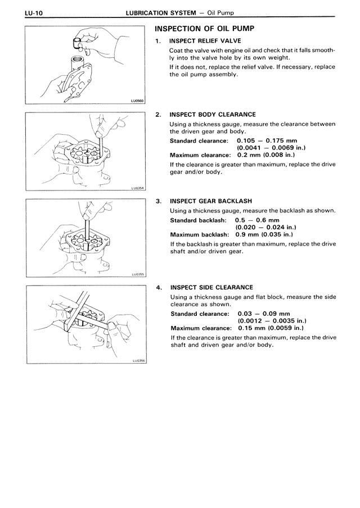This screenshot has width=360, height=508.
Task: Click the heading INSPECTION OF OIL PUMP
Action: coord(205,28)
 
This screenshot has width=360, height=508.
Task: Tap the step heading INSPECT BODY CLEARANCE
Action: coord(212,115)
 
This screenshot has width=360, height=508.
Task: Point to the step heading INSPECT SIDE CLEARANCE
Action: coord(211,287)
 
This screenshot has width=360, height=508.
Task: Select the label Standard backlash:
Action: coord(198,220)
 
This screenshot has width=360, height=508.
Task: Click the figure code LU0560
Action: coord(137,102)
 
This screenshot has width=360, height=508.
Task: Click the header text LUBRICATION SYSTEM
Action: coord(159,12)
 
